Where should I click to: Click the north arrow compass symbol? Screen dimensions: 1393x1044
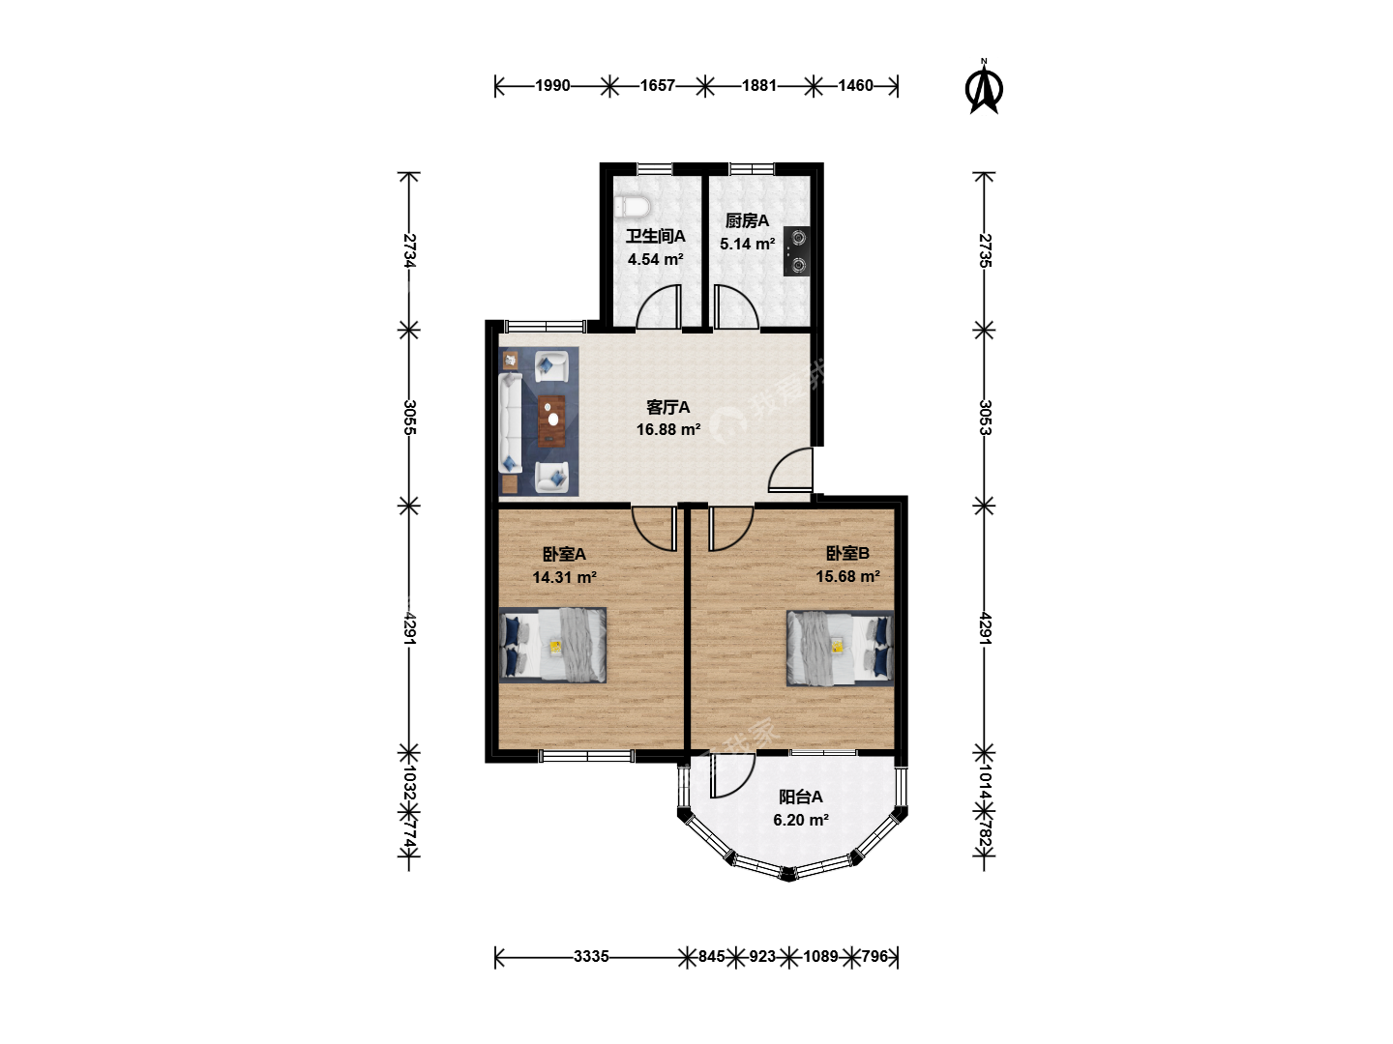point(984,87)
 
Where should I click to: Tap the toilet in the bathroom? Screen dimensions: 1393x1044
point(633,207)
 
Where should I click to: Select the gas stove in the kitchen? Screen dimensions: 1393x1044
point(796,251)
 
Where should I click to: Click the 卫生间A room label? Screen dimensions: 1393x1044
point(656,237)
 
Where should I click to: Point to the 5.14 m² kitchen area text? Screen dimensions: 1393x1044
point(747,244)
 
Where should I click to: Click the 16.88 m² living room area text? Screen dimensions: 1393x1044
point(668,430)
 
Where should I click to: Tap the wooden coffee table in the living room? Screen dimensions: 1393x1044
point(552,420)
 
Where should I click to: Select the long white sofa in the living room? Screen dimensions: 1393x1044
point(510,422)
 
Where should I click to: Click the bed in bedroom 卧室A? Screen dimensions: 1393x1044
point(552,646)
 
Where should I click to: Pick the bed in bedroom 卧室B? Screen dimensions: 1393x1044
point(841,648)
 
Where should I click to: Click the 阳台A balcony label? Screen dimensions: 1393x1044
point(801,797)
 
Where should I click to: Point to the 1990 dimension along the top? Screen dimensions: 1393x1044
point(552,86)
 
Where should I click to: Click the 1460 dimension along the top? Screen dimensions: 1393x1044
point(855,86)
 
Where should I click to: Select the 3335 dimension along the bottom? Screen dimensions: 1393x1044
point(591,957)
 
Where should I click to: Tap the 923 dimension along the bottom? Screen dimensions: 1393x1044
point(762,957)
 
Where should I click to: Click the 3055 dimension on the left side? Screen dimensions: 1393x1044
point(410,417)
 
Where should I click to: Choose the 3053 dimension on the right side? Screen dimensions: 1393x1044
point(985,417)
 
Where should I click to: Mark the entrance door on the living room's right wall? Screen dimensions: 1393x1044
point(790,470)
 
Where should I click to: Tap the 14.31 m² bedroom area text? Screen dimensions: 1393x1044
point(564,577)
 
